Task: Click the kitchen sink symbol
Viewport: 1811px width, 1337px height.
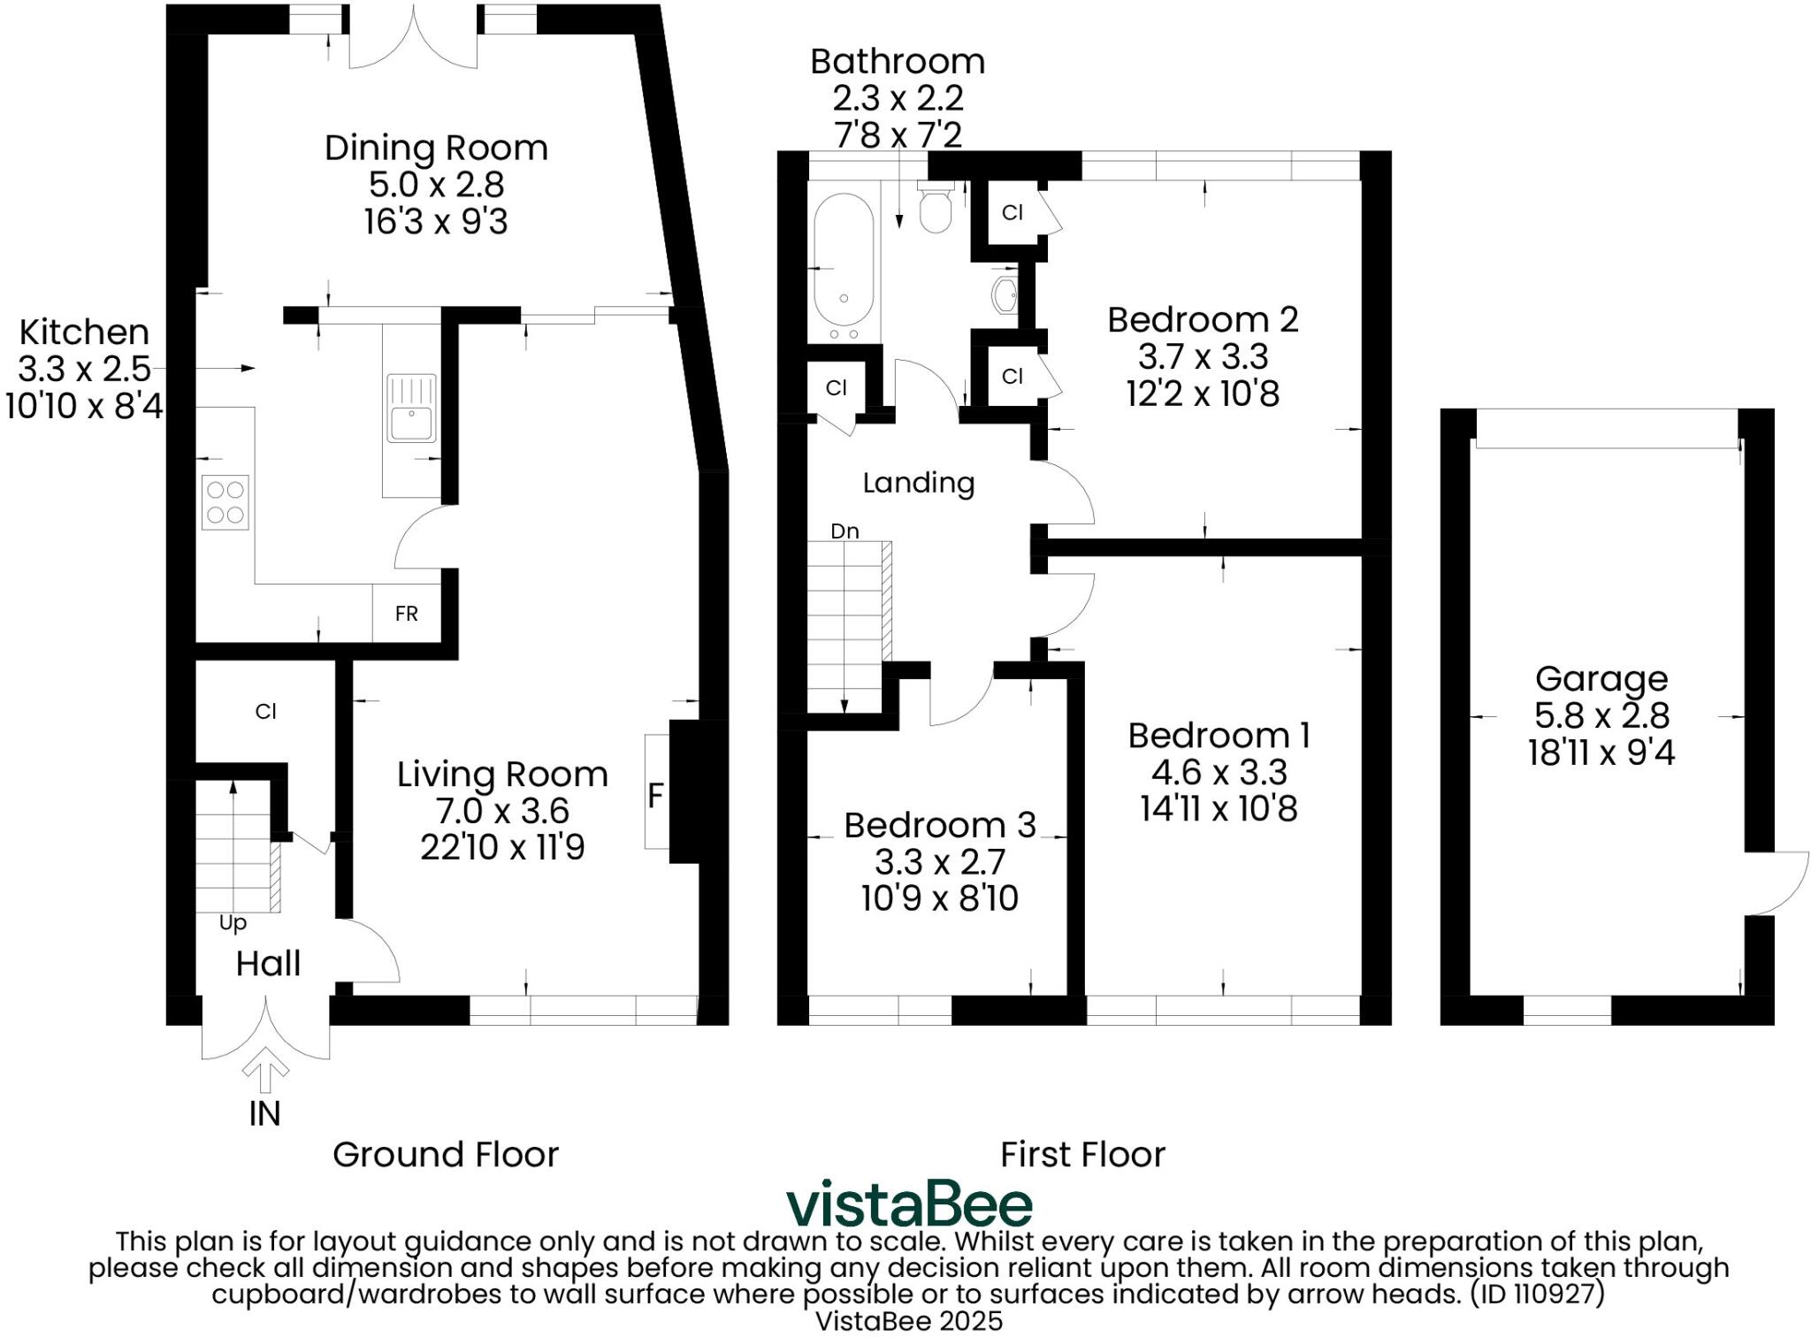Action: pos(411,408)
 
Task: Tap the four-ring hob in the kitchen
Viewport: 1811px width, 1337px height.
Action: pos(225,502)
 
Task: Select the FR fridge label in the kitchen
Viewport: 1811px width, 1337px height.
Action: pos(406,614)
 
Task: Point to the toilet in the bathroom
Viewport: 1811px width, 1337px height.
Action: pos(935,209)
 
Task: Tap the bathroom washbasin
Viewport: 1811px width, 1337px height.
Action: pos(1006,295)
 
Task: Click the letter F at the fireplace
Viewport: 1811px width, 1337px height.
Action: pos(654,796)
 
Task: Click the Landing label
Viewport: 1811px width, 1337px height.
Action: pos(918,483)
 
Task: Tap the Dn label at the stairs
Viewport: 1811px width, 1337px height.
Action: pos(844,531)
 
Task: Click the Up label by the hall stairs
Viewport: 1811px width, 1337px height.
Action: pos(233,923)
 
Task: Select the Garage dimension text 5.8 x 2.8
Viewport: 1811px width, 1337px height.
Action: pos(1601,715)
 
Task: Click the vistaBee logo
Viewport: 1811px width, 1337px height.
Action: pos(909,1204)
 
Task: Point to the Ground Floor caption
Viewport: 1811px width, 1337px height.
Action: pos(446,1155)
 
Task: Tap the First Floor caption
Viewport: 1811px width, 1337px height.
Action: pos(1082,1155)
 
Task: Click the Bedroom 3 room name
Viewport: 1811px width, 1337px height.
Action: pos(939,825)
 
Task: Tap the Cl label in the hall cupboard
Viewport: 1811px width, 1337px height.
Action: pos(265,712)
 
